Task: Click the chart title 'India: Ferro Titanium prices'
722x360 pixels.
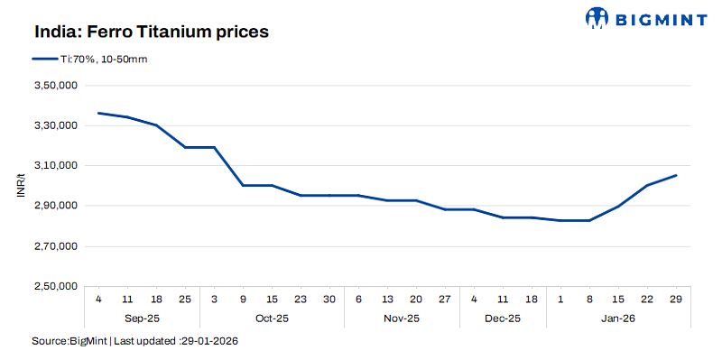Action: pyautogui.click(x=153, y=32)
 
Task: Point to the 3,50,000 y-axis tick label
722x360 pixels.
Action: pyautogui.click(x=58, y=86)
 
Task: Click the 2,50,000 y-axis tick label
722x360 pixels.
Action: pyautogui.click(x=58, y=286)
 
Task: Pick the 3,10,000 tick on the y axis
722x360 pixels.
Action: pyautogui.click(x=58, y=166)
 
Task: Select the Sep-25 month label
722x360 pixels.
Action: pyautogui.click(x=142, y=318)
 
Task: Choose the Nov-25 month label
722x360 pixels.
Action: pyautogui.click(x=401, y=318)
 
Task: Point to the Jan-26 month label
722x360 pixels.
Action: pyautogui.click(x=618, y=318)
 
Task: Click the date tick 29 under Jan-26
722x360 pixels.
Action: pyautogui.click(x=676, y=299)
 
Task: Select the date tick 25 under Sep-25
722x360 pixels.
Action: pyautogui.click(x=186, y=299)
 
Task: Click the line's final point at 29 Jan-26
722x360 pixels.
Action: pyautogui.click(x=676, y=175)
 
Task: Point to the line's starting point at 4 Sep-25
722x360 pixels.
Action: pyautogui.click(x=98, y=113)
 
